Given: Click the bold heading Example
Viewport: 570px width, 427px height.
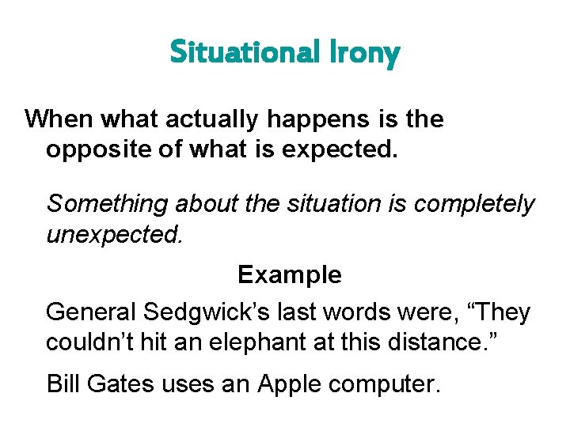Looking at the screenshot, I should tap(290, 274).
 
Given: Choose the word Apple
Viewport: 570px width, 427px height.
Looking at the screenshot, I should tap(291, 384).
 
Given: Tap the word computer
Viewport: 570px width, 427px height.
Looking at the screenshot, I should tap(387, 384).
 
